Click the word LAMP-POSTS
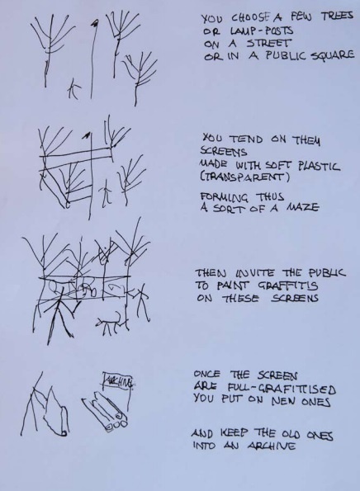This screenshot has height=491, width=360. pyautogui.click(x=262, y=31)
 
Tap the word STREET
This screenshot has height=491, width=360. pyautogui.click(x=268, y=43)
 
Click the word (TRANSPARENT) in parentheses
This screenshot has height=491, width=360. pyautogui.click(x=245, y=177)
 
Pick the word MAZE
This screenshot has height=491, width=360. pyautogui.click(x=303, y=207)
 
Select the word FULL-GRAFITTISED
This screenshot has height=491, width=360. pyautogui.click(x=282, y=389)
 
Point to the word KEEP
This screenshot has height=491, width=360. pyautogui.click(x=234, y=433)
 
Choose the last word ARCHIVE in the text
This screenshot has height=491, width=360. pyautogui.click(x=272, y=446)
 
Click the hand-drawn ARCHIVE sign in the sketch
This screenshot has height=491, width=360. pyautogui.click(x=118, y=381)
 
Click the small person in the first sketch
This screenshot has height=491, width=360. pyautogui.click(x=74, y=88)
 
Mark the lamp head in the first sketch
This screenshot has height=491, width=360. pyautogui.click(x=95, y=22)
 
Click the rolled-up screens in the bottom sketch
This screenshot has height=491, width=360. pyautogui.click(x=105, y=412)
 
